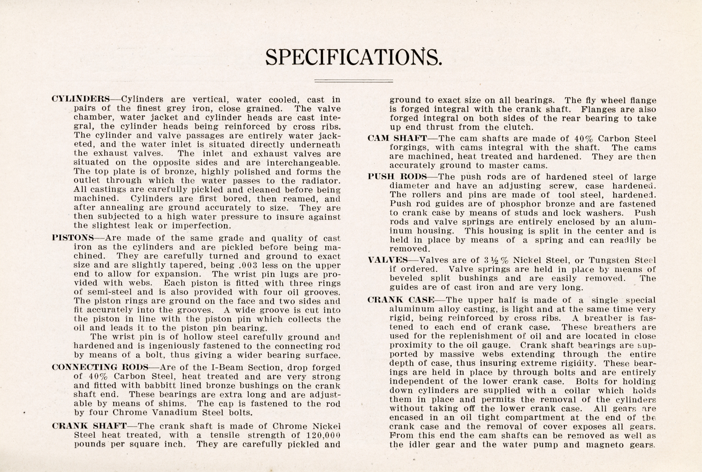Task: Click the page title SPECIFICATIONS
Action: click(353, 57)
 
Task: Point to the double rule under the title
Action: click(353, 81)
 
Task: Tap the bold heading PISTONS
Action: click(73, 238)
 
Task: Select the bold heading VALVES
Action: click(389, 260)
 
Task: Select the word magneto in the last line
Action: click(602, 444)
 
